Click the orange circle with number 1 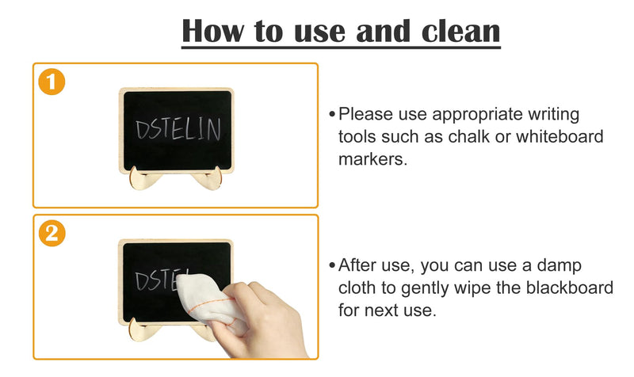coord(52,82)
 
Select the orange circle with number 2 coord(52,234)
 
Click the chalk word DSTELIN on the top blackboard coord(178,130)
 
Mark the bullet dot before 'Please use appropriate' coord(332,115)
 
